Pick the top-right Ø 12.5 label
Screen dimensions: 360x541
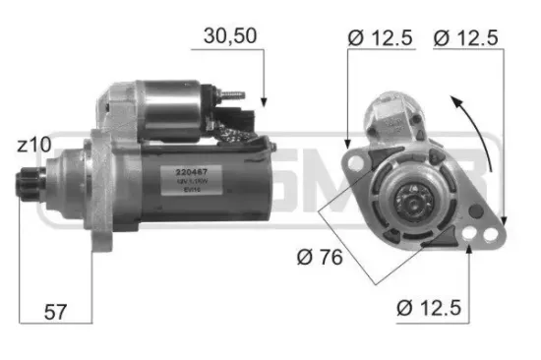[x=467, y=38]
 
